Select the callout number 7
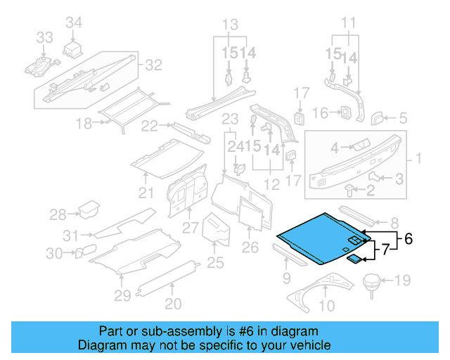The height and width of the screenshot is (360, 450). tap(385, 248)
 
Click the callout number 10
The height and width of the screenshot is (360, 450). tap(327, 305)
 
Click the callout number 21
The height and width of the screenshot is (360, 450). tap(146, 193)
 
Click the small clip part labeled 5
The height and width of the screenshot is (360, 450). tap(378, 117)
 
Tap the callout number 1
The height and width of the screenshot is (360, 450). tap(418, 160)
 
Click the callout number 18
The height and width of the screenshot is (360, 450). tap(84, 124)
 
